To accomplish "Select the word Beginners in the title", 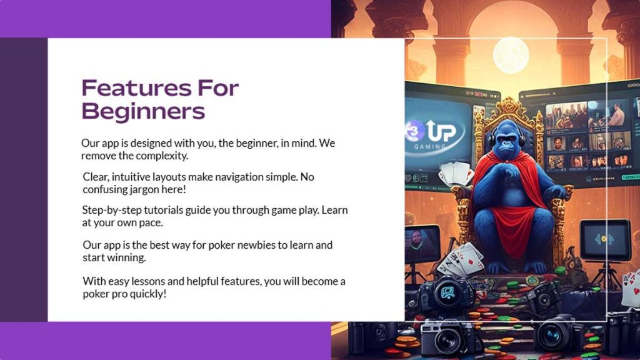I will (x=143, y=111).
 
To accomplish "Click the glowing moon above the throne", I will (x=511, y=55).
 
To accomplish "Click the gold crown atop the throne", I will (x=511, y=106).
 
